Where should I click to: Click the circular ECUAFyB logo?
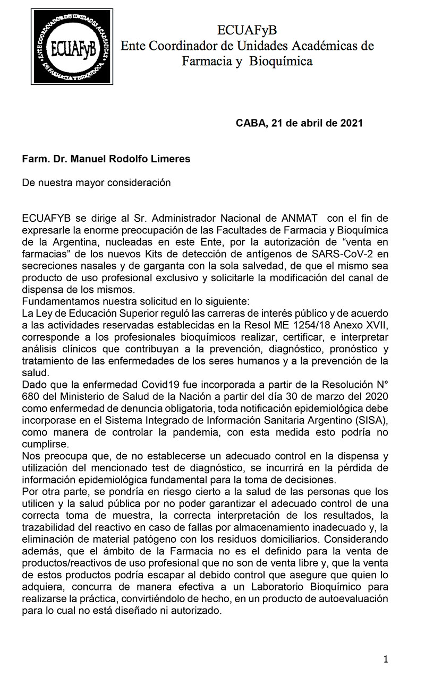point(72,47)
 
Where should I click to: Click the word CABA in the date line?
point(251,123)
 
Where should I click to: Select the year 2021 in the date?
point(351,123)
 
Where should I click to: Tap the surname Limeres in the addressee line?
point(170,159)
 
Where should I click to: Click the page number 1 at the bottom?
point(386,659)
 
